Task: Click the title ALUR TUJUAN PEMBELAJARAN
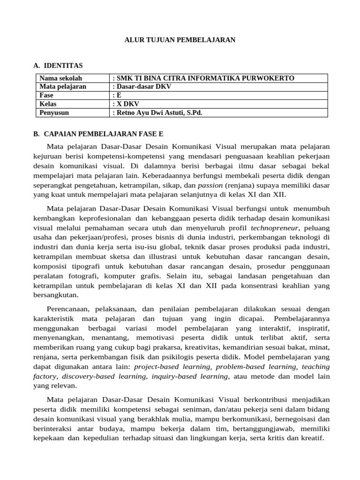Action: [180, 40]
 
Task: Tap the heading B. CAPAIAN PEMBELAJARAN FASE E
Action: [98, 134]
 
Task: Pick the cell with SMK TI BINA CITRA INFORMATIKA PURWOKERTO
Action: [204, 78]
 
